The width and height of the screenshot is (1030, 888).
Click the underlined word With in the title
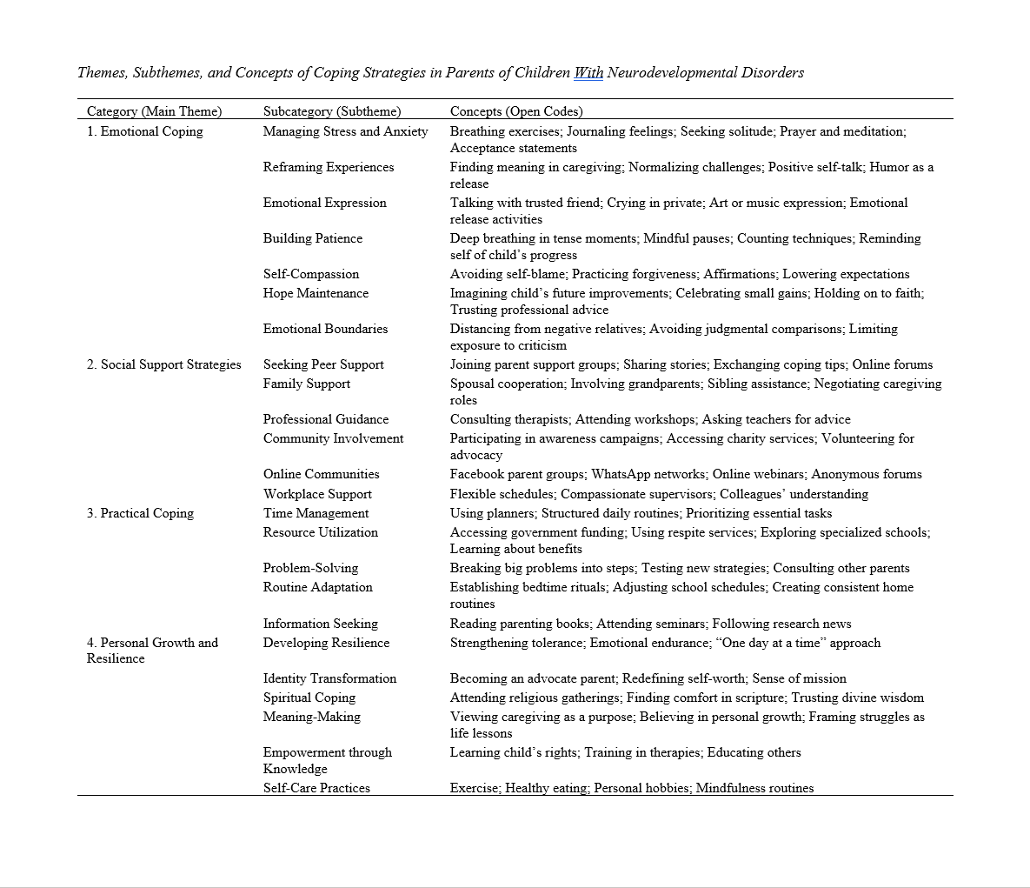coord(588,72)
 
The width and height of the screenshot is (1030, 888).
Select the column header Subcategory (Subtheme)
coord(332,111)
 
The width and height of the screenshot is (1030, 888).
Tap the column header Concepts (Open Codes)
coord(515,111)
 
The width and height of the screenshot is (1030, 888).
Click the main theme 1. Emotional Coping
coord(144,131)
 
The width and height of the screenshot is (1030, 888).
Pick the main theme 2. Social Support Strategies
coord(163,364)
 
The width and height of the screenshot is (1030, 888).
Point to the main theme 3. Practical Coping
coord(140,513)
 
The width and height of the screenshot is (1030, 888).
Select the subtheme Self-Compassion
coord(311,274)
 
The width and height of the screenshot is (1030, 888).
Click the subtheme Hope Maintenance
coord(316,293)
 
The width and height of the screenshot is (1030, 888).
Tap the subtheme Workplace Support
coord(317,494)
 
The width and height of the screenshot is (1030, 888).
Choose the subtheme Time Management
coord(316,513)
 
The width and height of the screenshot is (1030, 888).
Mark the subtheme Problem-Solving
coord(310,568)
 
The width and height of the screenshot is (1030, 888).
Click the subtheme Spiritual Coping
coord(309,698)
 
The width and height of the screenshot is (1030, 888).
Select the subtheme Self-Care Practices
coord(316,788)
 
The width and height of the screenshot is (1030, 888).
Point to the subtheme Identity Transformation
coord(329,678)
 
